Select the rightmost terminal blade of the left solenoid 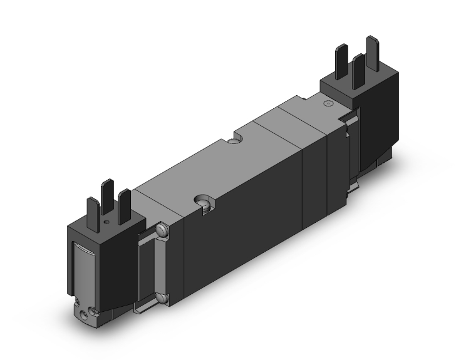[x=124, y=202]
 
